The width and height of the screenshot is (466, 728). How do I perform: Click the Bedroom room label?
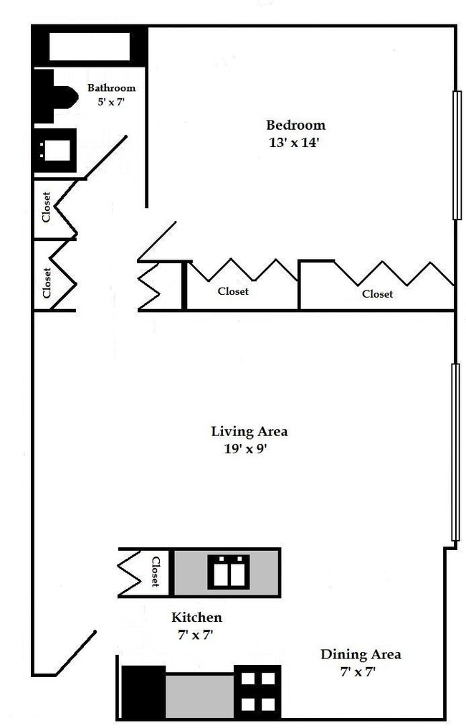(x=295, y=126)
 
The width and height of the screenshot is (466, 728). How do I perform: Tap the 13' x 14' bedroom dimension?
(x=294, y=143)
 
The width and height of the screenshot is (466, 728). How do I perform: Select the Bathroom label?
(x=111, y=88)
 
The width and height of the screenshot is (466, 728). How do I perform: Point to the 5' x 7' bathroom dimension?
(x=111, y=102)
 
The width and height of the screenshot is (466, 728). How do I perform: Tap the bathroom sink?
(x=55, y=151)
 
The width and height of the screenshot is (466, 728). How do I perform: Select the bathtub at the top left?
(x=90, y=46)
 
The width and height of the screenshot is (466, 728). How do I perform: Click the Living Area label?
(x=249, y=431)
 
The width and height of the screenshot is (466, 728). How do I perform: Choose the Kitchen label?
(x=197, y=617)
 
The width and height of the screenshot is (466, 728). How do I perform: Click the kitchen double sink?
(x=229, y=572)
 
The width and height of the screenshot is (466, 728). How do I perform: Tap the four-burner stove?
(x=257, y=692)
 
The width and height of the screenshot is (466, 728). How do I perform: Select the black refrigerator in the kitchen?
(x=143, y=692)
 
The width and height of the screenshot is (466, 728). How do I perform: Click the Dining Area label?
(x=361, y=655)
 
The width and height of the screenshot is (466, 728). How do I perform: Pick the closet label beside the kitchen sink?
(x=156, y=572)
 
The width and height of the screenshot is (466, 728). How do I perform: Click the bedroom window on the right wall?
(x=457, y=155)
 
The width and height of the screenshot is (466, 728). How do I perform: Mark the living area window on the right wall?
(x=455, y=452)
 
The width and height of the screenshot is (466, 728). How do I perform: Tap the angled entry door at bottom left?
(x=76, y=653)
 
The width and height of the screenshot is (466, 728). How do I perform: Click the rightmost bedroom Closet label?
(x=377, y=294)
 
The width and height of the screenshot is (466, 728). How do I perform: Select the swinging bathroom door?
(x=106, y=156)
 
